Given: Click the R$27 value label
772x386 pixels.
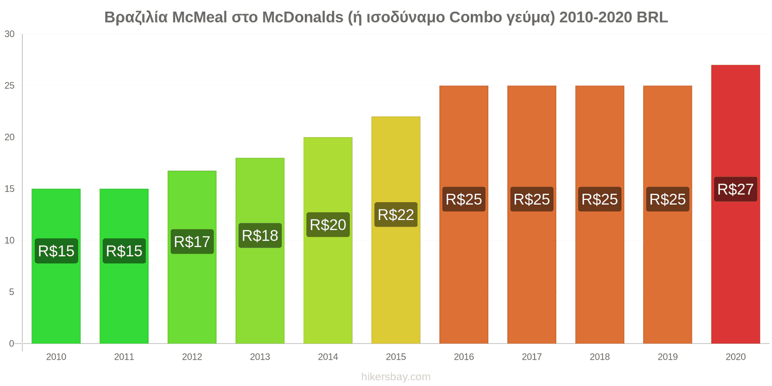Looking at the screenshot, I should (735, 189).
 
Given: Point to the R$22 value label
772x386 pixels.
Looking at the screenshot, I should (396, 215).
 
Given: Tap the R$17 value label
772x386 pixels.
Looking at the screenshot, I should (192, 241).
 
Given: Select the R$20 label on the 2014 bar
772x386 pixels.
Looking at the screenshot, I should (328, 225).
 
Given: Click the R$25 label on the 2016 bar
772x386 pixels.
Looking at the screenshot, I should (464, 199).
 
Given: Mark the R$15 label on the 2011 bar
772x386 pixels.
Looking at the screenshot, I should (124, 251).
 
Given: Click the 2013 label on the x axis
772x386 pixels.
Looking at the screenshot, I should (260, 357).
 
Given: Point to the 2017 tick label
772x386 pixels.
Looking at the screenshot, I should (532, 357).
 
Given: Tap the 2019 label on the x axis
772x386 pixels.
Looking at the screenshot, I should (667, 357).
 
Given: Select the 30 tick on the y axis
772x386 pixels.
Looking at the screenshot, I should (10, 34).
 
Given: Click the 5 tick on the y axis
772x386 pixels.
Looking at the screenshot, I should (12, 292).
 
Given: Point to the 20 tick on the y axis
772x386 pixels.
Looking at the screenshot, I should (10, 138).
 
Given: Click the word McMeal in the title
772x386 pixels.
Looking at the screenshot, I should (199, 17).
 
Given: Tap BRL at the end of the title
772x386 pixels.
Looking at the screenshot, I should (652, 17).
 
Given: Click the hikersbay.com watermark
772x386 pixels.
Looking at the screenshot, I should (396, 377).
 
